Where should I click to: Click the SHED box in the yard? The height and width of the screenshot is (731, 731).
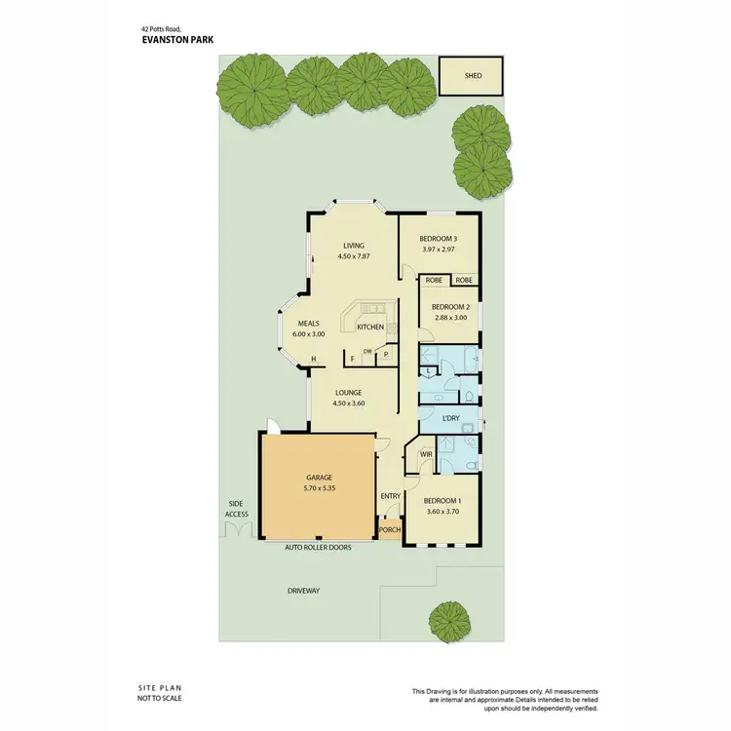(x=474, y=76)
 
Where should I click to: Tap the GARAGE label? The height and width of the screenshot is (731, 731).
(x=318, y=478)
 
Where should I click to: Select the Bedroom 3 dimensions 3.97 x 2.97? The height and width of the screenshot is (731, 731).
(x=439, y=250)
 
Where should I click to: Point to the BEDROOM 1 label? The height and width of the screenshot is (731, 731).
(x=442, y=501)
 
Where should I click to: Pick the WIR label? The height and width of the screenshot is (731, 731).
(x=426, y=454)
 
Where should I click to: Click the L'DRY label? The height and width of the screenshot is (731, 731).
(x=450, y=418)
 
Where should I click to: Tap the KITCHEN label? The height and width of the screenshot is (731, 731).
(x=370, y=327)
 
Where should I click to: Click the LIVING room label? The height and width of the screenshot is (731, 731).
(x=352, y=246)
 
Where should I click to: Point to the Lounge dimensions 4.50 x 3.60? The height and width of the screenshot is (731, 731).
(x=348, y=403)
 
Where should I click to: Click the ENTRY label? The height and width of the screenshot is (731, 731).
(x=391, y=496)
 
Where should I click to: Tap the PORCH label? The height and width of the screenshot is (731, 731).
(x=390, y=530)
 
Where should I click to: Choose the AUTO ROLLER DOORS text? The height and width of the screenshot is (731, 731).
(x=318, y=548)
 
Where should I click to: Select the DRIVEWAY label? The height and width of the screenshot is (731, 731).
(x=303, y=592)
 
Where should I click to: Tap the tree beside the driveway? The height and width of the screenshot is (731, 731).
(x=448, y=618)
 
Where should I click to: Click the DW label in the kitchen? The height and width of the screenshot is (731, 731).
(x=367, y=352)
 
